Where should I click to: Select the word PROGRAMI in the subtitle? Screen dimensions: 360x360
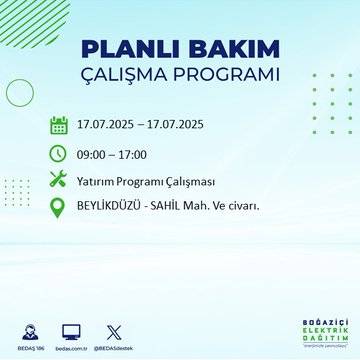tap(227, 75)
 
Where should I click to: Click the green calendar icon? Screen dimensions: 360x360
tap(59, 126)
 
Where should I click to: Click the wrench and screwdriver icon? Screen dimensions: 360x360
tap(59, 180)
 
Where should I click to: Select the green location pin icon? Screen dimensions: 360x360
tap(59, 208)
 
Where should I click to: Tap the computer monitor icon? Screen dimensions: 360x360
tap(71, 329)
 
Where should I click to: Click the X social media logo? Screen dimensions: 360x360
tap(111, 329)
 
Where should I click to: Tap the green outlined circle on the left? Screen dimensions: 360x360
tap(20, 92)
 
